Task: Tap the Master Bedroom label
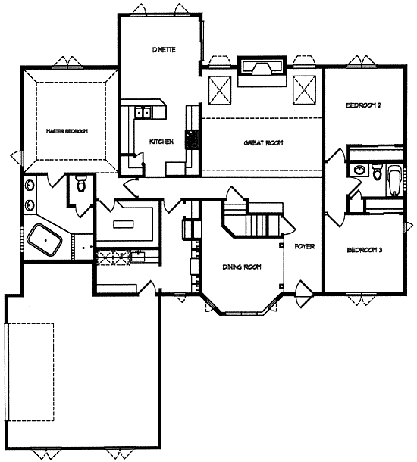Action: coord(67,131)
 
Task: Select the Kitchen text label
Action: coord(161,142)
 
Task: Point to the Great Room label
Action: coord(263,143)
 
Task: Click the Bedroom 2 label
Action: coord(363,105)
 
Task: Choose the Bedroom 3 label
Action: coord(365,250)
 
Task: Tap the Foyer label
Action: coord(305,246)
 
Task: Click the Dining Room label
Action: coord(242,267)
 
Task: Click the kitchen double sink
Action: coord(143,112)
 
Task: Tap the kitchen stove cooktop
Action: coord(191,139)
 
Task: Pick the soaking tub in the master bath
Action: coord(45,240)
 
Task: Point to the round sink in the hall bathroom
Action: coord(359,170)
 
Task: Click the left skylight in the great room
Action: coord(220,90)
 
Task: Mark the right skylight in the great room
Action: coord(304,90)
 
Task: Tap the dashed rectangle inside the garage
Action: coord(31,372)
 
